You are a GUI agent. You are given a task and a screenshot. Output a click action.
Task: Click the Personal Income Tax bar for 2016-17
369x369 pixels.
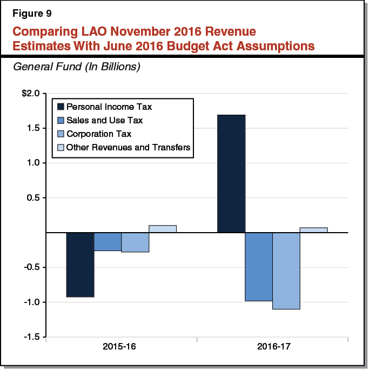(231, 174)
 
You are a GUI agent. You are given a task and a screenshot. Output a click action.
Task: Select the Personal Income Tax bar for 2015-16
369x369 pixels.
(80, 265)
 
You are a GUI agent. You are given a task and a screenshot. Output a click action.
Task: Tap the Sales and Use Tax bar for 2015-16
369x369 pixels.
(108, 242)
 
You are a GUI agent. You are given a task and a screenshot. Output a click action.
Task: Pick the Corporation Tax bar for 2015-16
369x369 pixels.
(135, 242)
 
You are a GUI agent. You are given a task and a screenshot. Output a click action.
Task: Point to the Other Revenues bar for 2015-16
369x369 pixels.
(163, 229)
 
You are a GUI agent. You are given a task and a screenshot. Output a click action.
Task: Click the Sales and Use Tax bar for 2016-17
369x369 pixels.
(259, 267)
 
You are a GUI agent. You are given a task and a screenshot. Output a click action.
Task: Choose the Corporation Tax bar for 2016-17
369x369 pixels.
(286, 271)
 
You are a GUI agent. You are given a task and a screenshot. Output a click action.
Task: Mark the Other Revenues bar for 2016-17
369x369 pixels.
(313, 230)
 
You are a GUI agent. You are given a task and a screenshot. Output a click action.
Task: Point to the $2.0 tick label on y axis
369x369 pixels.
(30, 94)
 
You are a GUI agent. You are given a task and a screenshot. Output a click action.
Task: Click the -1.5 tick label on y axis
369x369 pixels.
(30, 337)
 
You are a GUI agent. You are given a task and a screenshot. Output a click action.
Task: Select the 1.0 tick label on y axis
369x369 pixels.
(33, 163)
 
